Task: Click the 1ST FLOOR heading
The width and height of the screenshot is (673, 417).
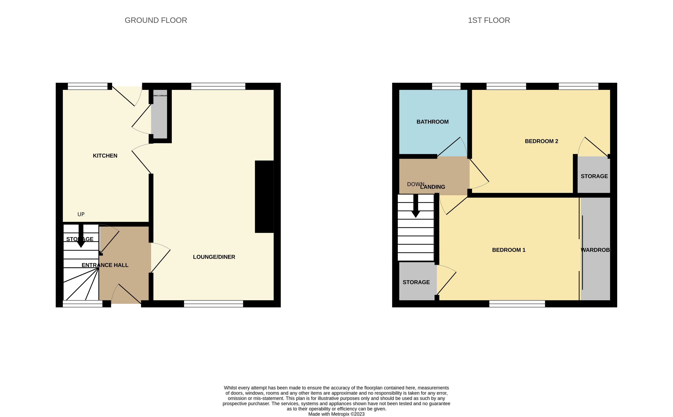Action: [x=489, y=20]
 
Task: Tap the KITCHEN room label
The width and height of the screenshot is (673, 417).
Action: [x=105, y=156]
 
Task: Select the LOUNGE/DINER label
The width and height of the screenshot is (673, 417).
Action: [x=214, y=257]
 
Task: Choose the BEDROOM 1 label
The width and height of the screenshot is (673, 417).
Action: [x=509, y=250]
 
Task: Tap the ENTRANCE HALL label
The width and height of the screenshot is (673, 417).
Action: [x=105, y=265]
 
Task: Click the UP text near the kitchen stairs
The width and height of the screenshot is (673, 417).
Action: [x=81, y=214]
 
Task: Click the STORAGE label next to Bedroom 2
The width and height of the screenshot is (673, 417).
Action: [x=594, y=176]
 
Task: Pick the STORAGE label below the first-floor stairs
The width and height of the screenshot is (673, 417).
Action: [x=416, y=282]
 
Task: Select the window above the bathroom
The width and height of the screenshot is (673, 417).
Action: [x=446, y=86]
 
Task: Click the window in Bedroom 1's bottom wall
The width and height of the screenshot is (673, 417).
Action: [x=517, y=304]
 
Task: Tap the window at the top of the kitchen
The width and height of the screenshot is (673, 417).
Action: [x=88, y=86]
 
